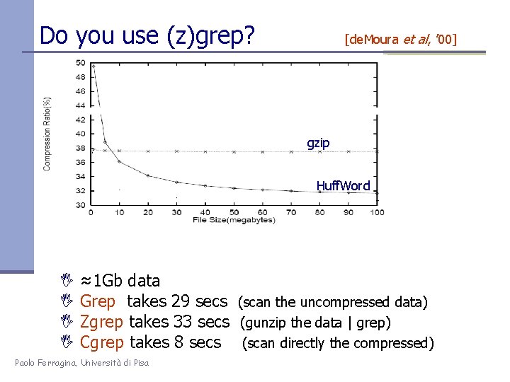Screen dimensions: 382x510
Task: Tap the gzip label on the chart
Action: [x=318, y=143]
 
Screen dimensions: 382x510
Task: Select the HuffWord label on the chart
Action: [x=343, y=186]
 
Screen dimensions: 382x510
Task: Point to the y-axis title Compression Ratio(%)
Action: [x=47, y=134]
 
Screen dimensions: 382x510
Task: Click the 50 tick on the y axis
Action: [x=80, y=63]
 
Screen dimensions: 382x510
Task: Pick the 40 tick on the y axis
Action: [x=80, y=134]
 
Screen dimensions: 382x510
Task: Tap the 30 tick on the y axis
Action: [x=80, y=205]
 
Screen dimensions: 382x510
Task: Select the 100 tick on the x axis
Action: [x=377, y=212]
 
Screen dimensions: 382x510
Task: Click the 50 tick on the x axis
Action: [x=234, y=212]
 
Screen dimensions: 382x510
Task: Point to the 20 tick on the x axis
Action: [x=148, y=212]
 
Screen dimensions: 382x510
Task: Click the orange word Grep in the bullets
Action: [x=98, y=302]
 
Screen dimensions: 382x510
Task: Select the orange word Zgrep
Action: [x=102, y=323]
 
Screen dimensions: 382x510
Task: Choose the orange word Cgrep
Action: [x=102, y=343]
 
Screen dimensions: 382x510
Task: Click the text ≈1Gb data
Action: [x=120, y=281]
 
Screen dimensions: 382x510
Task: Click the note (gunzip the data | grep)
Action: [x=315, y=323]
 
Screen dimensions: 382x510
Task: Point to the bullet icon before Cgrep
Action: [x=67, y=343]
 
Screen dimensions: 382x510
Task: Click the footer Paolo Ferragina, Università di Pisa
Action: [x=81, y=363]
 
